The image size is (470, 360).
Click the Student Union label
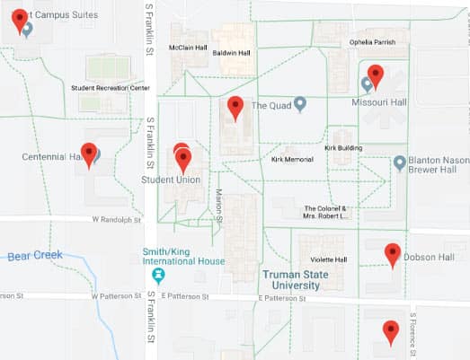171,180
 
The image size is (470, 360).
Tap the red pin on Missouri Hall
376,76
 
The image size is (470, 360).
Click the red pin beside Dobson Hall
392,255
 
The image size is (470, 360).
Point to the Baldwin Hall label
231,52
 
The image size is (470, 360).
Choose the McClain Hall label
189,47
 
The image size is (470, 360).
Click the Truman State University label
290,279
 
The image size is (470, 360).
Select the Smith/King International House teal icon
158,273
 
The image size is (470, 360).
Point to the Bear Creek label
35,255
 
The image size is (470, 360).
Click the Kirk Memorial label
292,159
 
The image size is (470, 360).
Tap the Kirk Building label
343,147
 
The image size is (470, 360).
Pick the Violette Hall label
329,259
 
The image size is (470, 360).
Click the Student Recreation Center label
111,88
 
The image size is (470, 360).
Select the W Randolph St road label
118,219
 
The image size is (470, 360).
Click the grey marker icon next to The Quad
301,104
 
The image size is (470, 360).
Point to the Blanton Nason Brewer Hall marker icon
399,163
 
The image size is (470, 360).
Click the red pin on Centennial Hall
88,154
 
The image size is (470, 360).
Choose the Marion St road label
218,202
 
